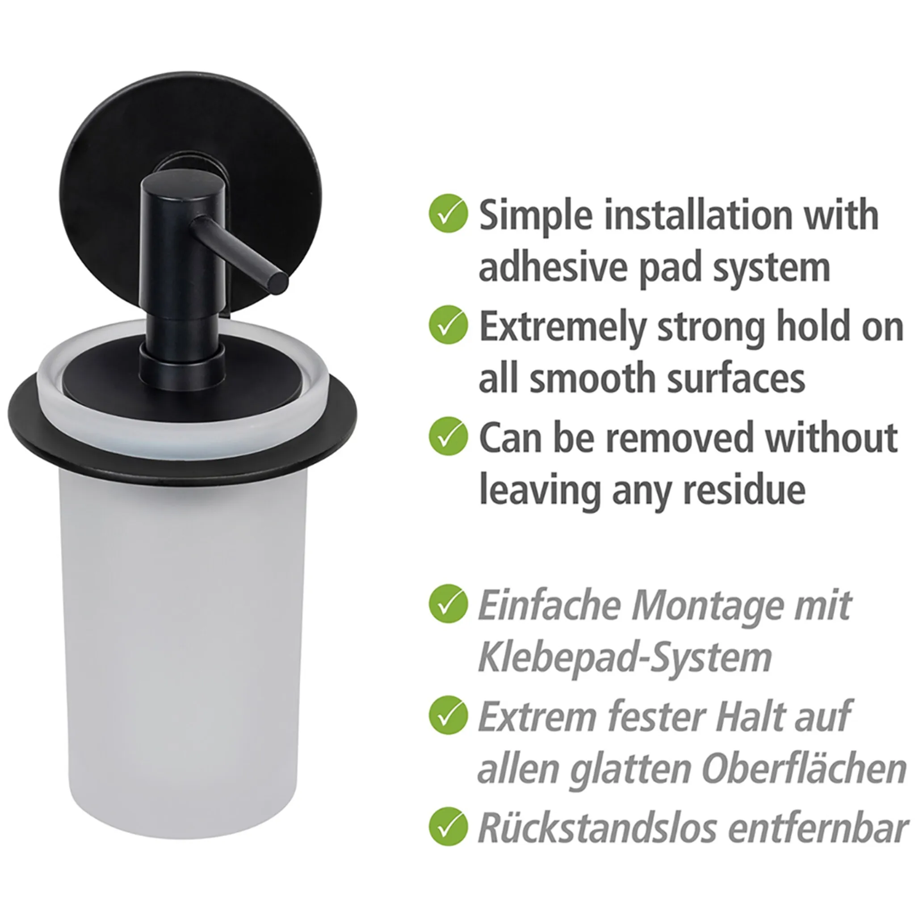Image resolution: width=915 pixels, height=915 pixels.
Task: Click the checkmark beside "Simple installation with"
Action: (448, 213)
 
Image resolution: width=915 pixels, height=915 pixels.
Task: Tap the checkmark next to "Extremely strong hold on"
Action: (448, 324)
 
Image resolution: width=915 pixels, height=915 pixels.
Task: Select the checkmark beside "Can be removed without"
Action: (448, 436)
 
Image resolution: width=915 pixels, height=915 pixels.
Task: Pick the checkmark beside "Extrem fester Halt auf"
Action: (448, 715)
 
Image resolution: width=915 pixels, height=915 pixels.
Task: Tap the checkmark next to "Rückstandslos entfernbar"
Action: (448, 827)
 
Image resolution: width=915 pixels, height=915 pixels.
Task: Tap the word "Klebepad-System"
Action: (625, 657)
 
